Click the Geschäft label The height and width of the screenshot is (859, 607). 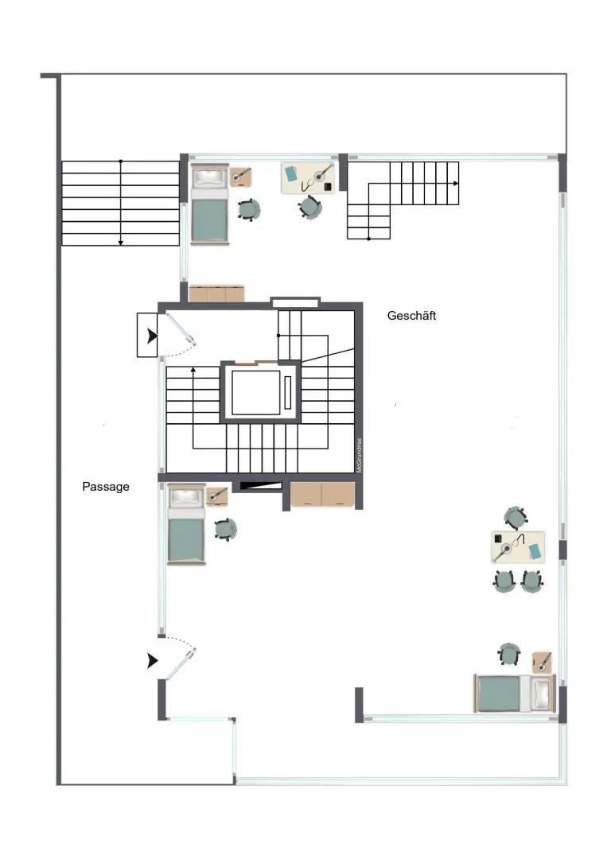[411, 316]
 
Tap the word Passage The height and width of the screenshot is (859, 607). [106, 486]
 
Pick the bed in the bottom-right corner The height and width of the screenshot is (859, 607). [514, 693]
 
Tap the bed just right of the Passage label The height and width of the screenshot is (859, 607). [186, 525]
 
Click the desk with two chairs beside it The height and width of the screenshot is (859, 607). [518, 547]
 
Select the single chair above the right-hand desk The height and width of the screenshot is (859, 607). [516, 518]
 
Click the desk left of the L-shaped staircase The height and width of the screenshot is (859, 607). [309, 177]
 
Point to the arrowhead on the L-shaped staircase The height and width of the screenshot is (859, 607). [456, 183]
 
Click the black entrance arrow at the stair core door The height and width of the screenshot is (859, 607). [151, 336]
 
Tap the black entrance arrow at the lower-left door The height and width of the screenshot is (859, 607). [152, 661]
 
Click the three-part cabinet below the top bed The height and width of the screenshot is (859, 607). [216, 293]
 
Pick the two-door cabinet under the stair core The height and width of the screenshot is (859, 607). [322, 494]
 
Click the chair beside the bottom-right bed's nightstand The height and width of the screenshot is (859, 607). [509, 655]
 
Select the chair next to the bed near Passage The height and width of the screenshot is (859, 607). [225, 529]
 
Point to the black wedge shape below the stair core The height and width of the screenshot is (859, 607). [262, 484]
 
